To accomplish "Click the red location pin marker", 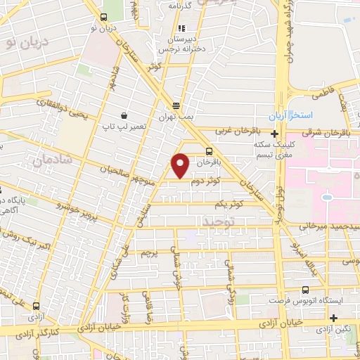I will coord(181,165).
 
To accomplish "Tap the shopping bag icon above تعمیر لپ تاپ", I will coord(124,115).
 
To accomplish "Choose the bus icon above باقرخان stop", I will coord(209,151).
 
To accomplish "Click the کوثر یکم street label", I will coord(231,204).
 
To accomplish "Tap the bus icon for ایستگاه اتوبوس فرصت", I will coord(304,290).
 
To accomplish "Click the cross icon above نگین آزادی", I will coord(342,317).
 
